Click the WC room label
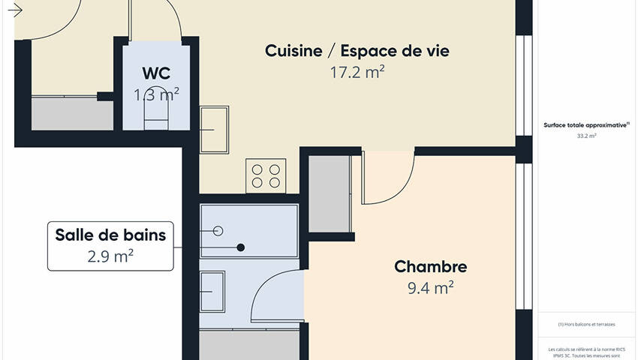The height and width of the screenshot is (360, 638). coord(156,73)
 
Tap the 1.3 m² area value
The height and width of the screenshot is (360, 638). coord(156,94)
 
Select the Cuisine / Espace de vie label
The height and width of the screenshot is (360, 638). coord(357,51)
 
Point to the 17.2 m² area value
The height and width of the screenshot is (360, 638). coord(357,72)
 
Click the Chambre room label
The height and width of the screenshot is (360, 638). coord(431,267)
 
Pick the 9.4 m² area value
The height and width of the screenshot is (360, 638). coord(431,287)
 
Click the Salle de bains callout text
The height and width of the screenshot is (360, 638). coord(110,235)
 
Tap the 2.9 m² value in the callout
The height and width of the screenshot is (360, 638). coord(110,256)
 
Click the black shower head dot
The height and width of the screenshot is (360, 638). coord(241,247)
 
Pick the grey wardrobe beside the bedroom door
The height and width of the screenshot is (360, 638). coord(330,194)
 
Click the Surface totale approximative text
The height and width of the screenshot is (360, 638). coord(586,126)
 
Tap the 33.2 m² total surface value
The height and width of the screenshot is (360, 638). coord(586,136)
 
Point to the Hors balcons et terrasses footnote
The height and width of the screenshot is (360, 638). coord(586,324)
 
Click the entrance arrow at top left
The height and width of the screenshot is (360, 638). coord(14,10)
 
